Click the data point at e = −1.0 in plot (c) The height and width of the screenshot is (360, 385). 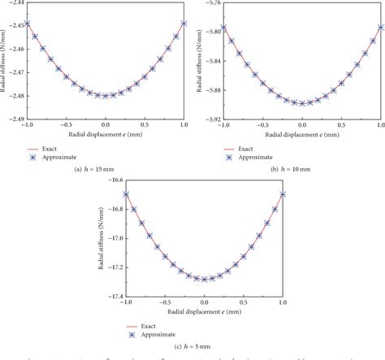(126, 193)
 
